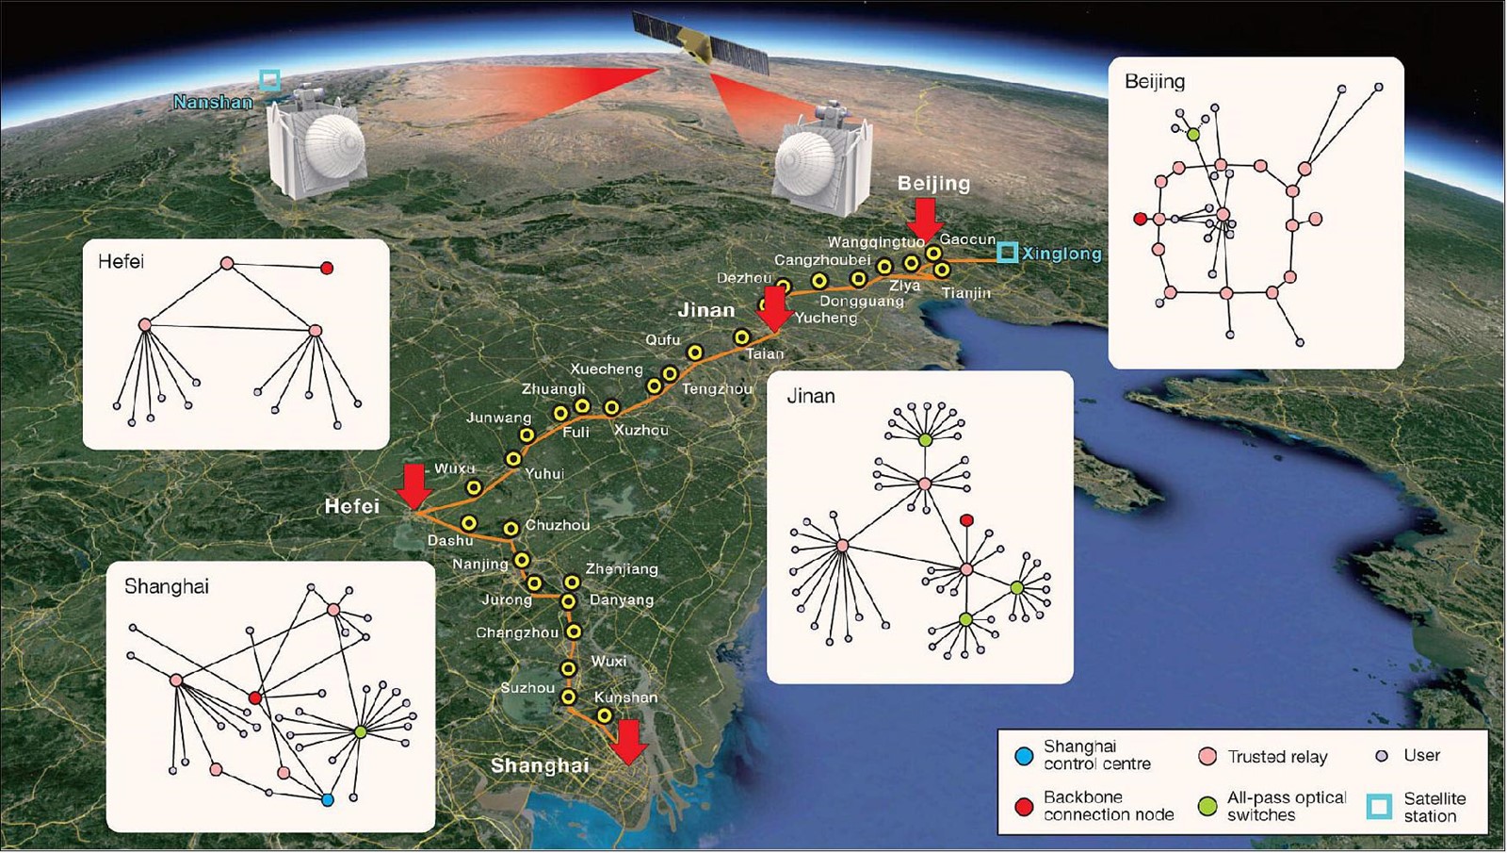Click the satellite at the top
point(700,41)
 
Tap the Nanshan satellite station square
point(269,81)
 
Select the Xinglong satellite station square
point(1007,253)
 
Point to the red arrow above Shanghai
point(630,742)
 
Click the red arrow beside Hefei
point(413,486)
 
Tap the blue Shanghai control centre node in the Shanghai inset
point(328,800)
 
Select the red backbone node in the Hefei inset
point(327,268)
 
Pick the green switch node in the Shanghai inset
point(360,731)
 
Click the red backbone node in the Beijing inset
point(1140,219)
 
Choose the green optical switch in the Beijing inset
point(1193,135)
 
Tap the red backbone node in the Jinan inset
point(966,520)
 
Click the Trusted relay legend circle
point(1208,757)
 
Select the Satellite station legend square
point(1379,807)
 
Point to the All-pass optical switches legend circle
point(1208,807)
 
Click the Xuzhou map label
point(641,430)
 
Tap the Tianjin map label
point(966,293)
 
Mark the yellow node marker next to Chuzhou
point(510,529)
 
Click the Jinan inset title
point(811,396)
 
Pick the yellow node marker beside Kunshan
point(604,715)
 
